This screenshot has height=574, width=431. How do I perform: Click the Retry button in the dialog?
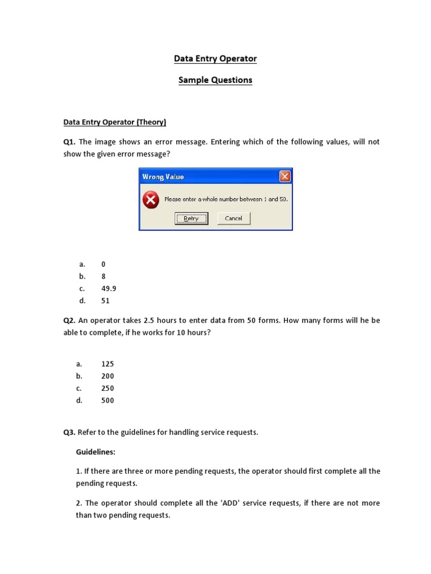pyautogui.click(x=191, y=219)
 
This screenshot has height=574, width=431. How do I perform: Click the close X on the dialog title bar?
pyautogui.click(x=285, y=177)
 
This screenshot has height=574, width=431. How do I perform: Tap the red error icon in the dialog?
pyautogui.click(x=150, y=200)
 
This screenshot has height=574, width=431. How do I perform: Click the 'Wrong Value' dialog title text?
pyautogui.click(x=163, y=177)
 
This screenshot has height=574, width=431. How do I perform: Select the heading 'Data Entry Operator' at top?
pyautogui.click(x=215, y=59)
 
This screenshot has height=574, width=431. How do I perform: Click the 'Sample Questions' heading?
pyautogui.click(x=215, y=80)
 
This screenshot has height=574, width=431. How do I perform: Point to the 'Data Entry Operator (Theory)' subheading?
pyautogui.click(x=114, y=122)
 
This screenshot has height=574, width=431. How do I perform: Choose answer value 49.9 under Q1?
pyautogui.click(x=109, y=289)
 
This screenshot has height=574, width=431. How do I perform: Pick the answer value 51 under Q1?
pyautogui.click(x=106, y=301)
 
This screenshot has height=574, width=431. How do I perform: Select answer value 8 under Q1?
pyautogui.click(x=103, y=276)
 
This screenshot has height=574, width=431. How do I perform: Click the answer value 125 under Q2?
pyautogui.click(x=107, y=364)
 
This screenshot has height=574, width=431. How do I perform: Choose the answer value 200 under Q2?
pyautogui.click(x=107, y=376)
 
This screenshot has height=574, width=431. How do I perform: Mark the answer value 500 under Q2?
pyautogui.click(x=107, y=401)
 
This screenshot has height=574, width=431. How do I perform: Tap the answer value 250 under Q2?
pyautogui.click(x=107, y=388)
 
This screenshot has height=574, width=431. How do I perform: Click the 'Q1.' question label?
pyautogui.click(x=70, y=142)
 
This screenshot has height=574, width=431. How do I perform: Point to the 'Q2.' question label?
pyautogui.click(x=70, y=321)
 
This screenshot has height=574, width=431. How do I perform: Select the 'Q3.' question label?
pyautogui.click(x=70, y=433)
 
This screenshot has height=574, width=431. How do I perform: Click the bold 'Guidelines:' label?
pyautogui.click(x=96, y=452)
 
